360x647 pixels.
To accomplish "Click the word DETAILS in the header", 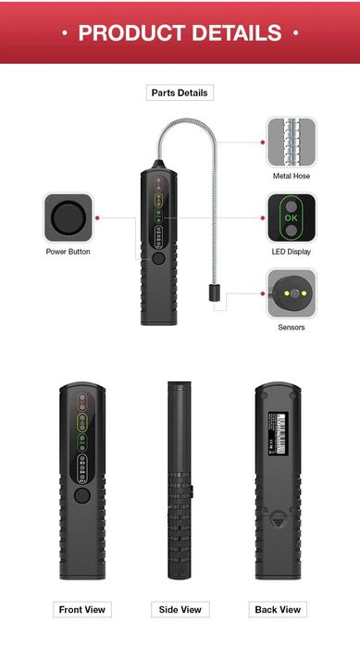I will [x=232, y=33].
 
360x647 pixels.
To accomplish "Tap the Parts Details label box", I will [x=180, y=93].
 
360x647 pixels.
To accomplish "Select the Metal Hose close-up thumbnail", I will [x=291, y=142].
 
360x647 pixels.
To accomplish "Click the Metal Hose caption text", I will [x=291, y=175].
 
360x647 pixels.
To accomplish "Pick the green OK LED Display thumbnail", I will [x=291, y=218].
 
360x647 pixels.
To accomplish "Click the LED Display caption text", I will [x=291, y=252].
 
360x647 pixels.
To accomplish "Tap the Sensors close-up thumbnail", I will [x=291, y=292].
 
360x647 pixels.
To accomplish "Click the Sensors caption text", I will [x=291, y=327].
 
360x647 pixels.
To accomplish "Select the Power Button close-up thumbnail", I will [x=68, y=218].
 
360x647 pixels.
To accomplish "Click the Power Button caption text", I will [x=68, y=252].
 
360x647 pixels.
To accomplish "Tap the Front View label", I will [x=83, y=609].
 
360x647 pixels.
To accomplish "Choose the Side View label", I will [x=180, y=609].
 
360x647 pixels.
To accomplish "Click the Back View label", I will [x=277, y=609].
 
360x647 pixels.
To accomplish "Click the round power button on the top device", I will [x=159, y=260].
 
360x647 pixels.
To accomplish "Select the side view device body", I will [x=179, y=481].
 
